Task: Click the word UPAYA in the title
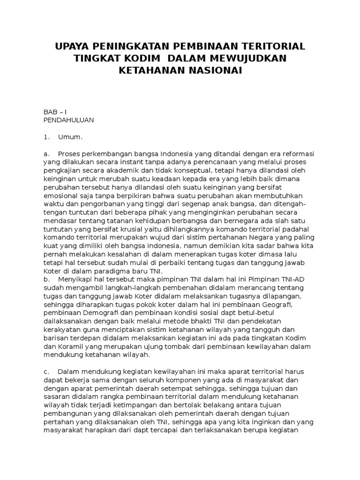coord(75,46)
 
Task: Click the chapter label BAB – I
coord(55,112)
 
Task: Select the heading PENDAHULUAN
coord(68,120)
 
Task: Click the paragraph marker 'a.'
coord(46,154)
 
